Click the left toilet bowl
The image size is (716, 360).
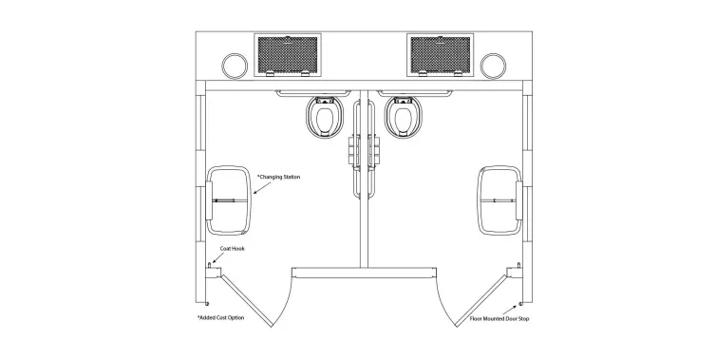coord(326,119)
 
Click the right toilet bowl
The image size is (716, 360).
coord(402,119)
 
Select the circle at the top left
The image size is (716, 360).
coord(231,66)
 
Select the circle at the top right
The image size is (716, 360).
coord(493,66)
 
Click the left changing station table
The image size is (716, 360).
coord(228,200)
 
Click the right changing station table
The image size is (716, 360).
coord(498,200)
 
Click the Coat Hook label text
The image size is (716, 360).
coord(233,249)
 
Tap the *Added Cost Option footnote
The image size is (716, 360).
coord(220,316)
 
